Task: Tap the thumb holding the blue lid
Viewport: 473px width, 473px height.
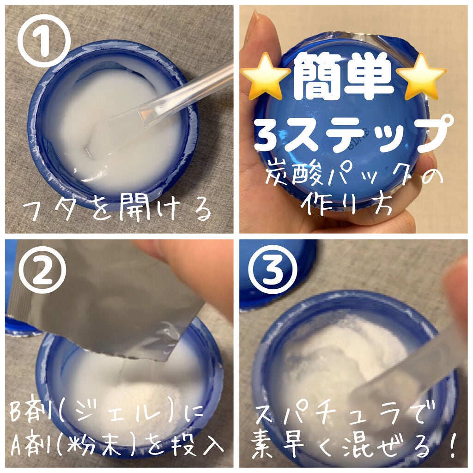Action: (x=259, y=55)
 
